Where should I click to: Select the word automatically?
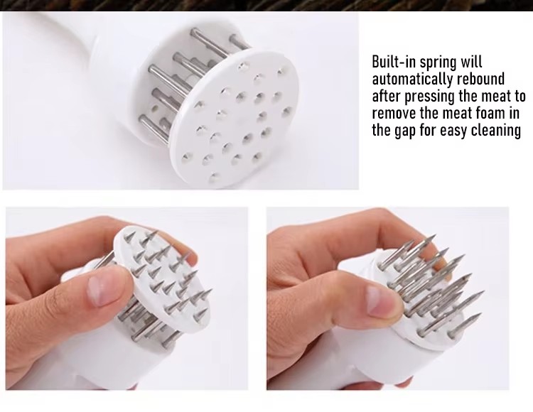412,80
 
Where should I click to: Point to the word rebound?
480,79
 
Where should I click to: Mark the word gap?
405,131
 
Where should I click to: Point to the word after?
387,96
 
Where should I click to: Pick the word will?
471,62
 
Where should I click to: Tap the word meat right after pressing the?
495,97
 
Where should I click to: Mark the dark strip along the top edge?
266,6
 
